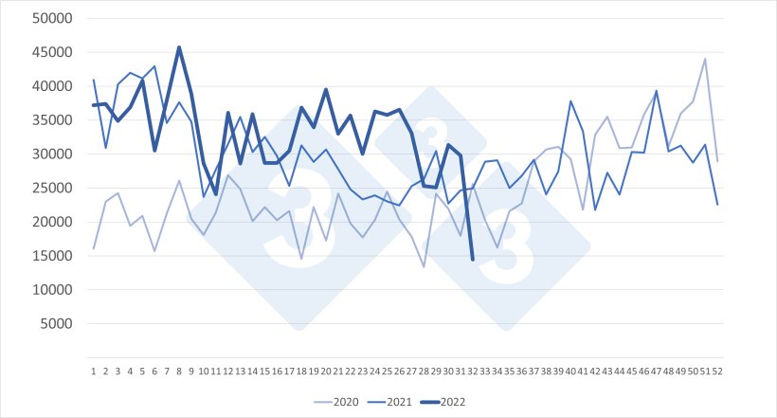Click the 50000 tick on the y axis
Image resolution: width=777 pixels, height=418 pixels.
41,18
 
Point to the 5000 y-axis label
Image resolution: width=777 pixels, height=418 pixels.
45,324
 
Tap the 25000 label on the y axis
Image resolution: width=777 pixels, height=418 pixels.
41,188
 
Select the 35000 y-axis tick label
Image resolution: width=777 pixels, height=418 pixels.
41,120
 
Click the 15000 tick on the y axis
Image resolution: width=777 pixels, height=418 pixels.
41,256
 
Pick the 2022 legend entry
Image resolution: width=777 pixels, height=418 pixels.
453,402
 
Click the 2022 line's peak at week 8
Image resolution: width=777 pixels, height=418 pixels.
179,47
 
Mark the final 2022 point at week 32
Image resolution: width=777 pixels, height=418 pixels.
472,259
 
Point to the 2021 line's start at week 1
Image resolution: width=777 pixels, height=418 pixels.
93,81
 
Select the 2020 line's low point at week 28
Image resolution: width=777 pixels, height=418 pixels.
424,266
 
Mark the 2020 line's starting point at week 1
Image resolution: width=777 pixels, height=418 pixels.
93,248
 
